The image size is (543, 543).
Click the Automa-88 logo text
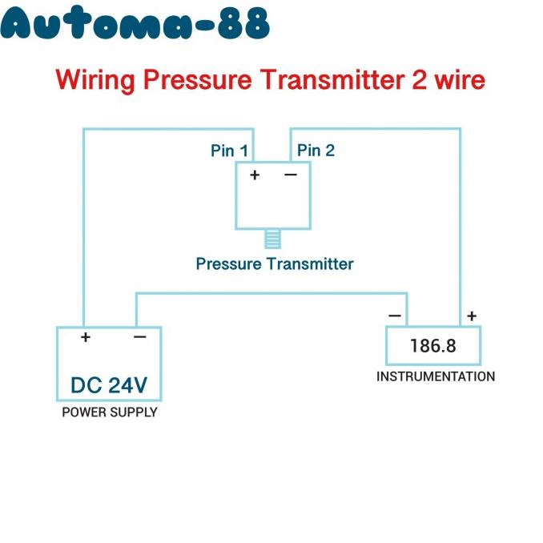pyautogui.click(x=135, y=22)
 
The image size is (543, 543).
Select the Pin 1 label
pyautogui.click(x=229, y=151)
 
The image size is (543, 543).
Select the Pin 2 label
pyautogui.click(x=316, y=151)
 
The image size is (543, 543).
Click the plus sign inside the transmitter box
pyautogui.click(x=255, y=175)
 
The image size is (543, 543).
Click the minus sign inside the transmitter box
pyautogui.click(x=291, y=175)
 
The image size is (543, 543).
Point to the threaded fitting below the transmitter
pyautogui.click(x=273, y=239)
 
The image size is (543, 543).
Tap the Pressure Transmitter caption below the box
pyautogui.click(x=275, y=263)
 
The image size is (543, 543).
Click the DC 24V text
pyautogui.click(x=109, y=385)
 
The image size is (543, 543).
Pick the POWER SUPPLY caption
pyautogui.click(x=110, y=412)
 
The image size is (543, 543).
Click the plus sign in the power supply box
pyautogui.click(x=86, y=337)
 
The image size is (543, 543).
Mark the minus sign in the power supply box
pyautogui.click(x=140, y=336)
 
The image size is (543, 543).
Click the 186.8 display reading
pyautogui.click(x=432, y=346)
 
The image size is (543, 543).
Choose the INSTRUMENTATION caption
pyautogui.click(x=436, y=376)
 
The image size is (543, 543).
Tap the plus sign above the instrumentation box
pyautogui.click(x=472, y=316)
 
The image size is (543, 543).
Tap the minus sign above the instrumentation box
pyautogui.click(x=395, y=316)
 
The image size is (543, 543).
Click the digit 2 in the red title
pyautogui.click(x=420, y=79)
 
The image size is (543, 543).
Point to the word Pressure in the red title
pyautogui.click(x=197, y=79)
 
